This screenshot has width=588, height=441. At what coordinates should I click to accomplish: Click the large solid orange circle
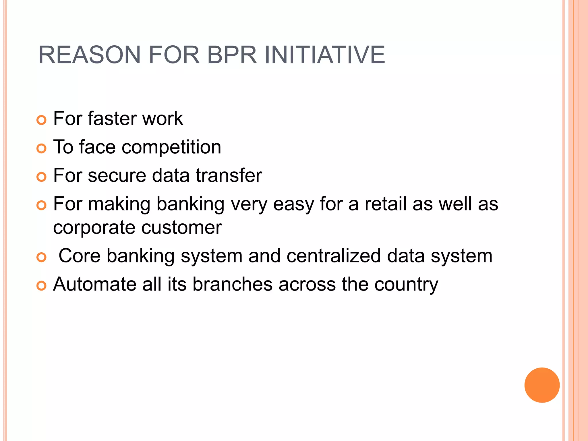[542, 385]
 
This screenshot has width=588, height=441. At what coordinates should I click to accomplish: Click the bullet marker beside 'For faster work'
[42, 120]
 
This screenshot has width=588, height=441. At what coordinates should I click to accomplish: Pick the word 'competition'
[171, 147]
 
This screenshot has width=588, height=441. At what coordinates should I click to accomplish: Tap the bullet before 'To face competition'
[42, 148]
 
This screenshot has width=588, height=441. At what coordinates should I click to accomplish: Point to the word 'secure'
[117, 175]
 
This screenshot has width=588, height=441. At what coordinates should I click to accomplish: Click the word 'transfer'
[229, 175]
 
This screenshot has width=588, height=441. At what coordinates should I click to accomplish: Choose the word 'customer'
[181, 228]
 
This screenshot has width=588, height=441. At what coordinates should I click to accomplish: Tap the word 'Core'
[80, 256]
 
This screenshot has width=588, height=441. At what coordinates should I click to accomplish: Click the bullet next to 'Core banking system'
[42, 257]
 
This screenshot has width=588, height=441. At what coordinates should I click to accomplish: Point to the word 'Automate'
[95, 284]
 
